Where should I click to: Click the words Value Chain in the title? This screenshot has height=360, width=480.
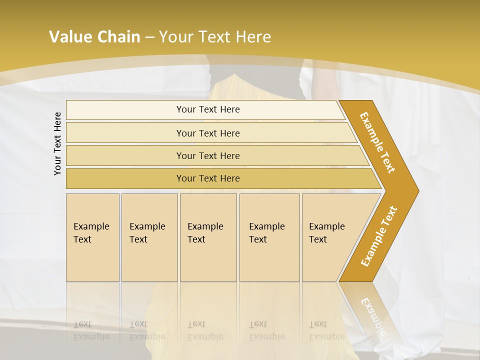(94, 37)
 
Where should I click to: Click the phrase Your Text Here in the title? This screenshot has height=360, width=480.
(215, 37)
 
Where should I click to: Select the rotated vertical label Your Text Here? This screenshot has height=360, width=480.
(58, 143)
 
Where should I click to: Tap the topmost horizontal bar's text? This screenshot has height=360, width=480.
(208, 109)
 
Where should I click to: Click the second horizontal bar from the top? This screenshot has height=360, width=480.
(208, 133)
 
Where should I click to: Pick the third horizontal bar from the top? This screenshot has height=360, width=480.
(208, 156)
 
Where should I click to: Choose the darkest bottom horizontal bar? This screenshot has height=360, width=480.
(208, 178)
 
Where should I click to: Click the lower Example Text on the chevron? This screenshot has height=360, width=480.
(379, 236)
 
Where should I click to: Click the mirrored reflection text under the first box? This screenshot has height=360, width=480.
(91, 330)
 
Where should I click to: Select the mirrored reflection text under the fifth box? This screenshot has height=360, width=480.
(327, 330)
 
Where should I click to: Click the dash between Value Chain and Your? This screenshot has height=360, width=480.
(149, 37)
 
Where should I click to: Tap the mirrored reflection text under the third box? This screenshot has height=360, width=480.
(205, 330)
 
